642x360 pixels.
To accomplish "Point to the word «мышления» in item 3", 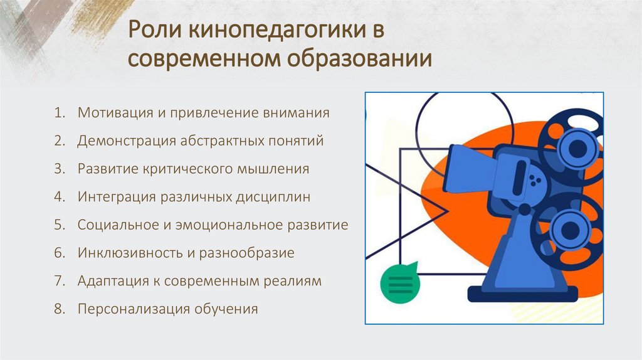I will [x=275, y=169].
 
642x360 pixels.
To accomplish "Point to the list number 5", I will [x=59, y=225].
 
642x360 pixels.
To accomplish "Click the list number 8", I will [x=59, y=309].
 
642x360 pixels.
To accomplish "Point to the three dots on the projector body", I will [x=534, y=181].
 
